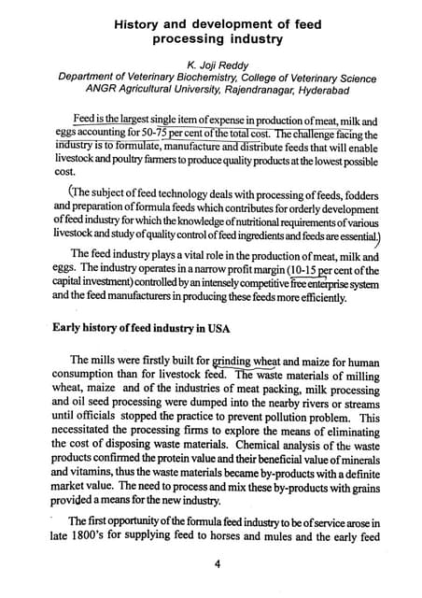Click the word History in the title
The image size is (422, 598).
[x=140, y=22]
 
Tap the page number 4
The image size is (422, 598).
[x=216, y=562]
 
